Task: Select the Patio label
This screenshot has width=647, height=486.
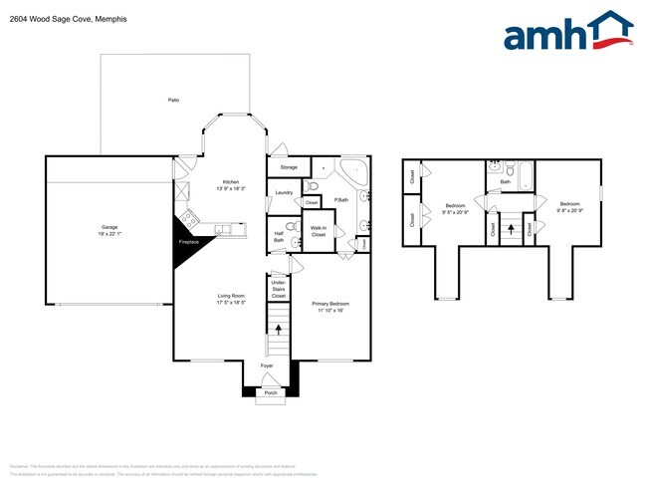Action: click(x=173, y=101)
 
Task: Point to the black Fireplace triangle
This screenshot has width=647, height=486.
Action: click(x=185, y=237)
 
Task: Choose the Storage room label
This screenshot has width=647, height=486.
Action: click(x=289, y=167)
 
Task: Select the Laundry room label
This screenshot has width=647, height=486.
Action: click(x=283, y=192)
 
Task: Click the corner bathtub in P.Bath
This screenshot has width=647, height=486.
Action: click(x=354, y=170)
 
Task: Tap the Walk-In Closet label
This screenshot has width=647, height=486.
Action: click(x=319, y=231)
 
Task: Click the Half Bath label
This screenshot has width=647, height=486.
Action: click(x=279, y=237)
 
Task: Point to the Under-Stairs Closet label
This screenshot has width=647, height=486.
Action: click(x=279, y=289)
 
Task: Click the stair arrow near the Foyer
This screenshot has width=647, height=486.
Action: click(x=278, y=328)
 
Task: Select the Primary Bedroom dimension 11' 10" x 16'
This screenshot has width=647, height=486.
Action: click(x=329, y=310)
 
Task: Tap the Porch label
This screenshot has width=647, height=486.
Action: click(x=269, y=393)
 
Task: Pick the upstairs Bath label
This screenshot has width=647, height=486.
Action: click(x=506, y=181)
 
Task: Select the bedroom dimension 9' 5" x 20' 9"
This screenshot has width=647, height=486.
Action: click(x=457, y=212)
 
